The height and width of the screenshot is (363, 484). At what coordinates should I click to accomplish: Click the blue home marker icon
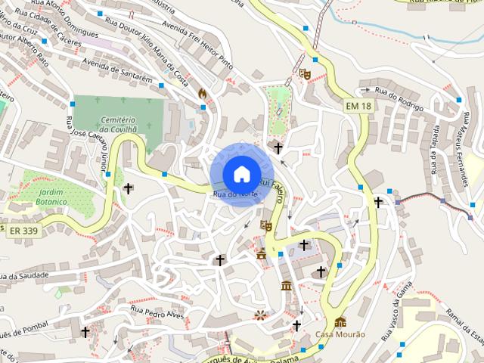pos(240,174)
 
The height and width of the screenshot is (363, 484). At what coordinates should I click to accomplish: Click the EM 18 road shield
pos(358,107)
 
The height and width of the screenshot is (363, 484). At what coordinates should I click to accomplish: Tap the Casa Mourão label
pos(340,334)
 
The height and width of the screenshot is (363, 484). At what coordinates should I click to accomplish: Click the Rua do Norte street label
pos(234,195)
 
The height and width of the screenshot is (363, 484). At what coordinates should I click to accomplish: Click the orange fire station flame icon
pos(202,93)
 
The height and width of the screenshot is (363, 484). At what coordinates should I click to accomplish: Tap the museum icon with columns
pos(287,285)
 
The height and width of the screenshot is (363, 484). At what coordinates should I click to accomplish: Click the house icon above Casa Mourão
pos(340,321)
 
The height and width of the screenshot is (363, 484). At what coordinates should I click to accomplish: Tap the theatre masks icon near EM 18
pos(304,73)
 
